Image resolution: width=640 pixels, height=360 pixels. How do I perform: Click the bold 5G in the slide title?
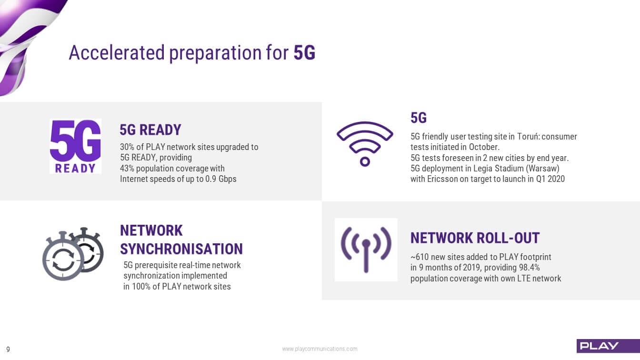(x=305, y=52)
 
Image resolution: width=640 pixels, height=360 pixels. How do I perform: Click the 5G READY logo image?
(x=75, y=146)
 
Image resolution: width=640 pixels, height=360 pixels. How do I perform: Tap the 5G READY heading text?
(x=150, y=130)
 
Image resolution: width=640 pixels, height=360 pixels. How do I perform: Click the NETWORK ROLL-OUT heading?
(x=475, y=238)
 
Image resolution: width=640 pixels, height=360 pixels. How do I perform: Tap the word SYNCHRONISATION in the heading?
(x=181, y=249)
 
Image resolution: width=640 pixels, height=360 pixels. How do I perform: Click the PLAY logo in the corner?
(x=608, y=346)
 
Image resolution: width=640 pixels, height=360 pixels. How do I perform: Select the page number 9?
(x=8, y=349)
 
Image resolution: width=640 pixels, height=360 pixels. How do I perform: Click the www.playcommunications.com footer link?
(x=320, y=349)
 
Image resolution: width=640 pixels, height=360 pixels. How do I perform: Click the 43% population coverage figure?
(x=127, y=168)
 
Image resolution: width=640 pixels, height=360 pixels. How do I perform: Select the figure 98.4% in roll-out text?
(x=530, y=268)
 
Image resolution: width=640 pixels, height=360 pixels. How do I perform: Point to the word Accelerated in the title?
(x=117, y=52)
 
